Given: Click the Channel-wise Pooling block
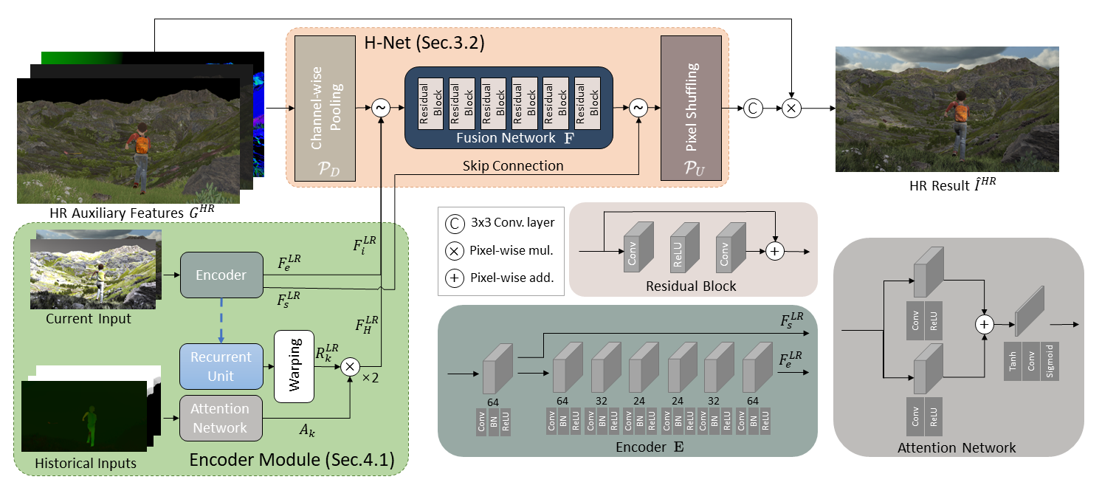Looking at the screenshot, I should (x=325, y=108).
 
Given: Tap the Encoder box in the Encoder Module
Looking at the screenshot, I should (x=221, y=275).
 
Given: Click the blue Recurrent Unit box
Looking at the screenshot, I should (x=221, y=366).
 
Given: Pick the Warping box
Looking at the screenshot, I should (x=294, y=366).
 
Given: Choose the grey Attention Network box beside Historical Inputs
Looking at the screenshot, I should (x=221, y=418).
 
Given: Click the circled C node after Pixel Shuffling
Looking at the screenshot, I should (x=753, y=108).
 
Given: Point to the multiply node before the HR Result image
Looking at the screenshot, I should (x=791, y=108).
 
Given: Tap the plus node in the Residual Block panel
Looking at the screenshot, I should (x=774, y=252).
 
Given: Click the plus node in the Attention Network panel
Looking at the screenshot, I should (x=984, y=325).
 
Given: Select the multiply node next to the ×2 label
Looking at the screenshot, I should (x=351, y=365).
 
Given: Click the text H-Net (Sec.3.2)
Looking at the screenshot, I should (x=424, y=43).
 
